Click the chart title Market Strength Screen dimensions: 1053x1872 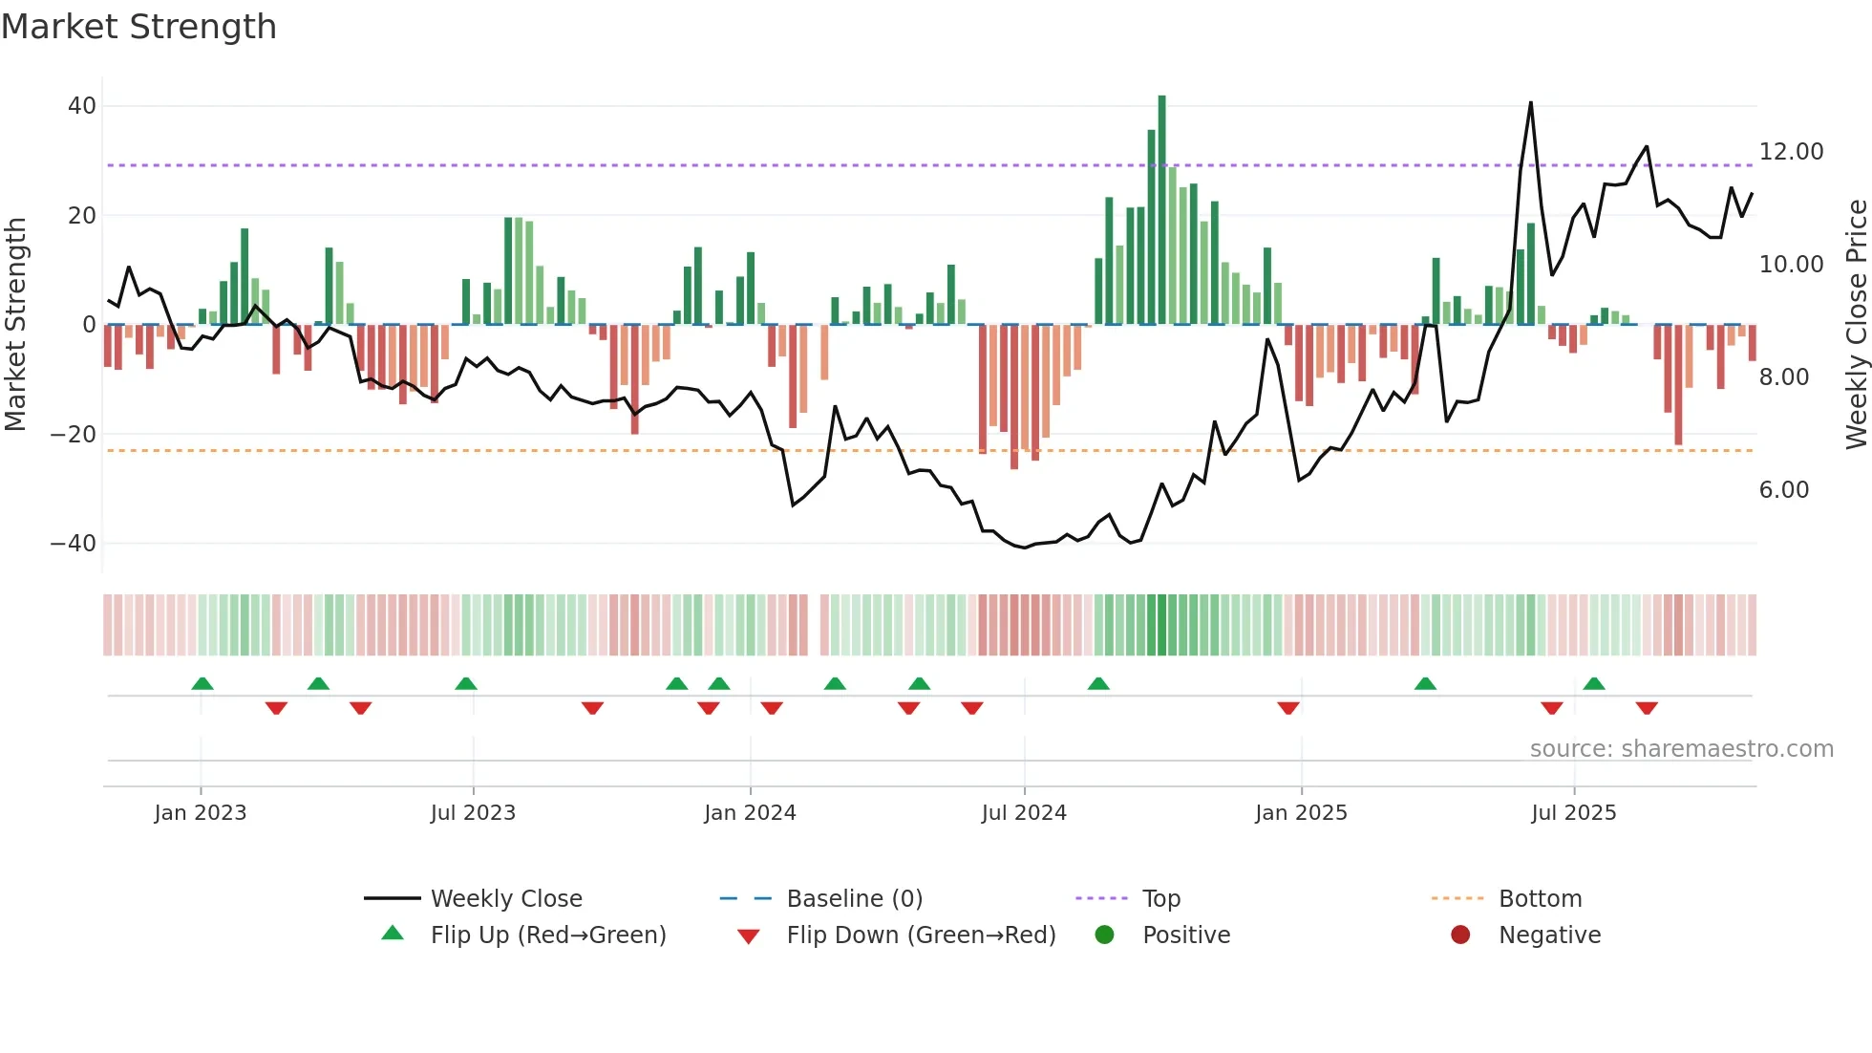(138, 27)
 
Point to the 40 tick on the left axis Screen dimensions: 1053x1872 (82, 106)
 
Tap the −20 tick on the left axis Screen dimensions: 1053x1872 (74, 435)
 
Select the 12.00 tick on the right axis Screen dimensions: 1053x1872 (1791, 152)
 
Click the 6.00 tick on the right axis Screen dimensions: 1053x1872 (1784, 490)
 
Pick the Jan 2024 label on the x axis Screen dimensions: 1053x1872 (750, 813)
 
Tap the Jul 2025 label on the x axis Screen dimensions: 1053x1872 (1573, 813)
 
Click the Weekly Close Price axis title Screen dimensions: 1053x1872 (1856, 325)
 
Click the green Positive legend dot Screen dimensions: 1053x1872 (1105, 935)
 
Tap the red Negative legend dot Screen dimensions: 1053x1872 (1460, 935)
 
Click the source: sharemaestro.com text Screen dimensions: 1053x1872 (1681, 749)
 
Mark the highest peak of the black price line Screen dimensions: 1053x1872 (1530, 103)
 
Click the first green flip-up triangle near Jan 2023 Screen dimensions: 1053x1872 (202, 684)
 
